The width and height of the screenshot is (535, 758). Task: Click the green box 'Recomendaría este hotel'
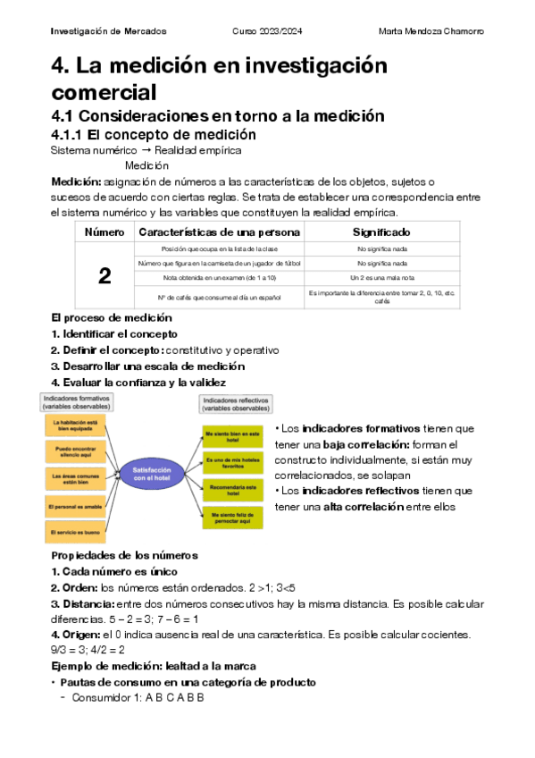pyautogui.click(x=231, y=489)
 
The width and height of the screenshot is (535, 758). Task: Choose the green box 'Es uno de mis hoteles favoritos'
pyautogui.click(x=231, y=462)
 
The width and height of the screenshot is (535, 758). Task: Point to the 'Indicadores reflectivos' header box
pyautogui.click(x=234, y=404)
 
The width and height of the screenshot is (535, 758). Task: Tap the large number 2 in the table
pyautogui.click(x=104, y=276)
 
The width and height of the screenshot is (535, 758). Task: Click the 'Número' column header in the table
pyautogui.click(x=104, y=232)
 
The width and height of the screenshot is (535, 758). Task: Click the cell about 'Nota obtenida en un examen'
pyautogui.click(x=219, y=279)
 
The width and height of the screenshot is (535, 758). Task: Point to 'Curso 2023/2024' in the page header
pyautogui.click(x=267, y=31)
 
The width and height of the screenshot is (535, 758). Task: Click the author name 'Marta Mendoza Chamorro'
pyautogui.click(x=431, y=31)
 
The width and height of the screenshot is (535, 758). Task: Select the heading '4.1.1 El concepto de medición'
pyautogui.click(x=154, y=134)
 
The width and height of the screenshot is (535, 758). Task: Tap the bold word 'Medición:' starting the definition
pyautogui.click(x=77, y=181)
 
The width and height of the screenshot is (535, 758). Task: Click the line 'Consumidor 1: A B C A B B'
pyautogui.click(x=138, y=697)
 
